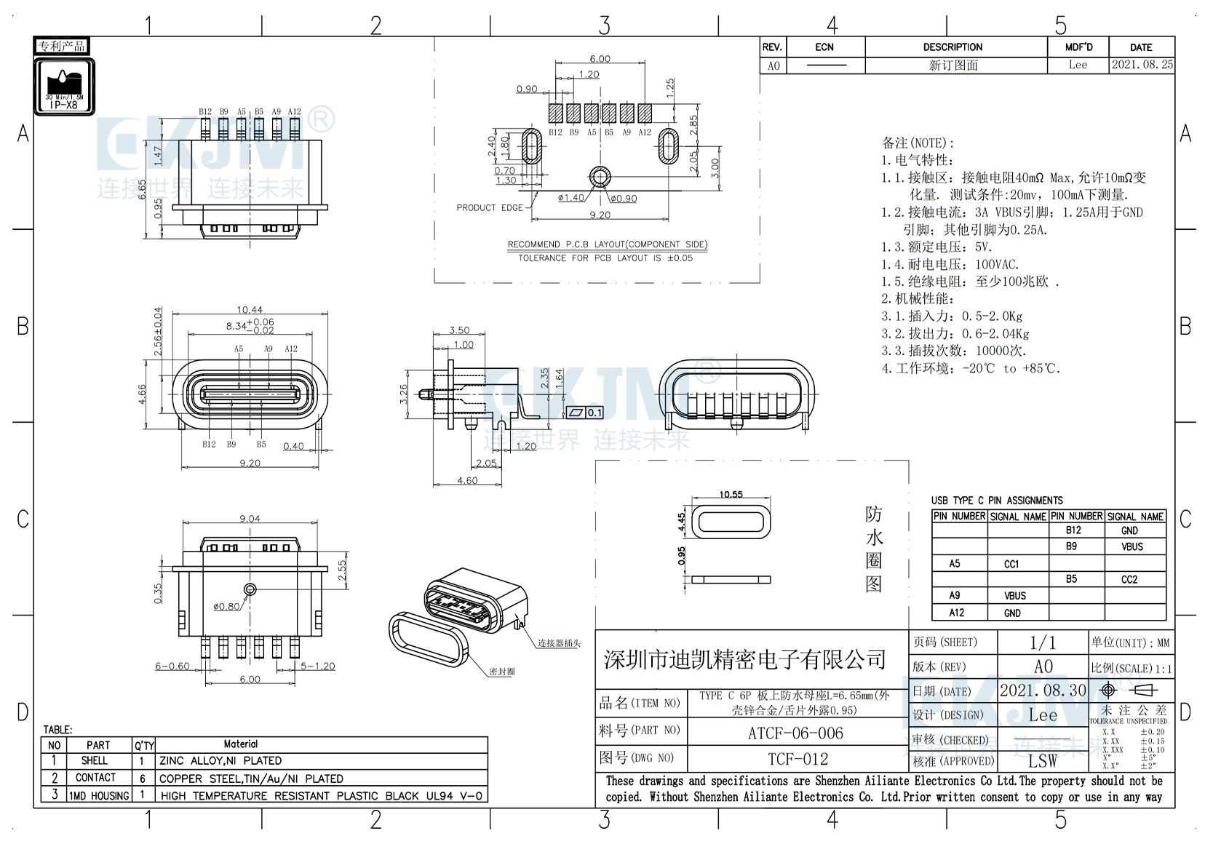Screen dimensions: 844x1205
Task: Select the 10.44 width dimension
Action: click(x=250, y=310)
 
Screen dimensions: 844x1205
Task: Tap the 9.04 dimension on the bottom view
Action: click(x=250, y=519)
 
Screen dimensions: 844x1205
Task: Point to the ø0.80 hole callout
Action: click(x=226, y=606)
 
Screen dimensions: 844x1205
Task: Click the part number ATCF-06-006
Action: click(x=796, y=733)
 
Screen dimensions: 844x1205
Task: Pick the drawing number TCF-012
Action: click(x=798, y=759)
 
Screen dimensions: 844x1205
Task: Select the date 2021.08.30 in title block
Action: click(x=1042, y=690)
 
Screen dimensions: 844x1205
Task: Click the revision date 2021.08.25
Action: click(x=1142, y=65)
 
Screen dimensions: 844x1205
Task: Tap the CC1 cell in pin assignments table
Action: click(x=1011, y=564)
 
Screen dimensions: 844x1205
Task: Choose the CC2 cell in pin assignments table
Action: click(x=1129, y=580)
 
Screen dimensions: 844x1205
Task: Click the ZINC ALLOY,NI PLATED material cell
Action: click(x=220, y=761)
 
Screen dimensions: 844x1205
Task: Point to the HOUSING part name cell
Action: click(x=99, y=796)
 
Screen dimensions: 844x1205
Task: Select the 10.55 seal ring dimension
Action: click(x=731, y=495)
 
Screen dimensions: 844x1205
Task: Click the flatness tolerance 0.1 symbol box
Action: click(x=586, y=413)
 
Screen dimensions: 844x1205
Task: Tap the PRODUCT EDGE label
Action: click(x=490, y=208)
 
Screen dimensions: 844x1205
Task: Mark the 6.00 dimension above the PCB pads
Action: click(x=600, y=59)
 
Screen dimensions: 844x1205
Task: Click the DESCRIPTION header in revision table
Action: click(x=953, y=47)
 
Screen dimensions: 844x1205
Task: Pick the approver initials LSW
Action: click(x=1042, y=761)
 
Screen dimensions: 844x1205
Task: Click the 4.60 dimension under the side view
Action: click(x=467, y=480)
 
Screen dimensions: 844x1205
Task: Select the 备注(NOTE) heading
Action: click(x=918, y=143)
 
